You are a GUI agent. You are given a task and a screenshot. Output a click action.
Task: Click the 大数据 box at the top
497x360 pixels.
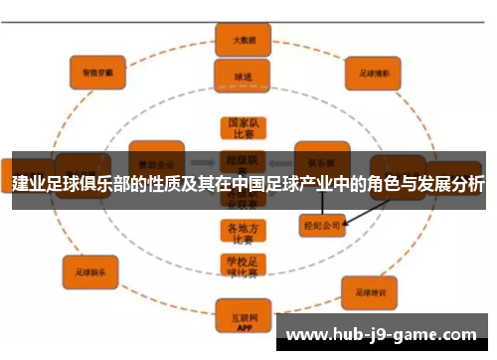[237, 41]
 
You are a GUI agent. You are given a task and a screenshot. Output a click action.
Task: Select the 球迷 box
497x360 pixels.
[237, 75]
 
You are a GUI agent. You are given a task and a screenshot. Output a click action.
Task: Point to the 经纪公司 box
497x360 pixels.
[322, 225]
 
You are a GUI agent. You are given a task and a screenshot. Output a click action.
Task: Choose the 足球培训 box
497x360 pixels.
[371, 290]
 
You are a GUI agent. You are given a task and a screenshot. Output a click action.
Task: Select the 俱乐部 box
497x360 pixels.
[320, 159]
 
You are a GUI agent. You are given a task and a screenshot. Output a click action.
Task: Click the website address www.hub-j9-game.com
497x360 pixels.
[381, 335]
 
